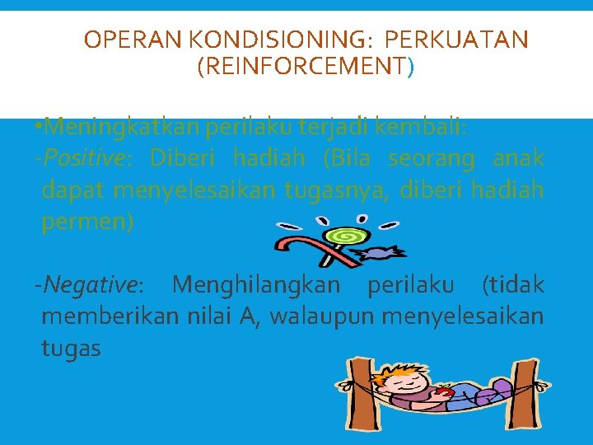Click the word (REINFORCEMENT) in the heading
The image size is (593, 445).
pos(306,66)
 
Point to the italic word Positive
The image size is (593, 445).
pos(88,157)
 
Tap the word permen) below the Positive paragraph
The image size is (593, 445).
pos(86,222)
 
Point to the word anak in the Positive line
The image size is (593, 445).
pos(518,157)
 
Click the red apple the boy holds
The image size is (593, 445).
pos(445,392)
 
